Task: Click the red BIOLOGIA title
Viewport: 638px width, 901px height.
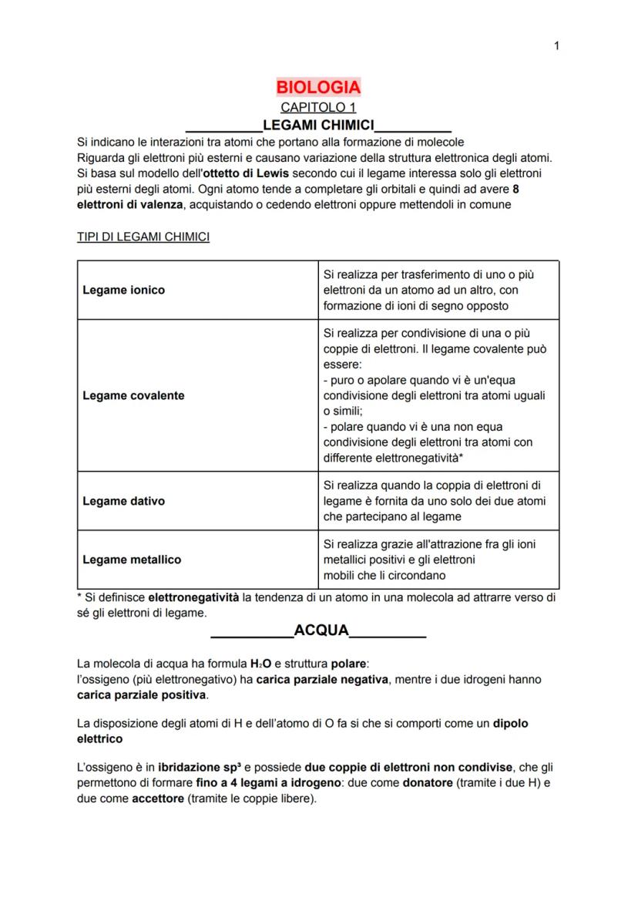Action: coord(318,87)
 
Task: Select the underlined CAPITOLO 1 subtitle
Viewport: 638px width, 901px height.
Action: coord(318,107)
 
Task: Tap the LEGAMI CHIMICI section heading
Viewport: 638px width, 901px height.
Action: coord(318,125)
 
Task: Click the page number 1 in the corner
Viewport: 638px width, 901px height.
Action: coord(556,46)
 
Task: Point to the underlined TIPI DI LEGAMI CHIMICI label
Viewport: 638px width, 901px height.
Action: coord(143,237)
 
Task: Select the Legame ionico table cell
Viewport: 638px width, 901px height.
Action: coord(123,290)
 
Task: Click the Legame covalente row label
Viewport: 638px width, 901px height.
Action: coord(133,395)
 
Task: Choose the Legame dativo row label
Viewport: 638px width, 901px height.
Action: coord(123,501)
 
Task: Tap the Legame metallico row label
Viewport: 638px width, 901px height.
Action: coord(132,560)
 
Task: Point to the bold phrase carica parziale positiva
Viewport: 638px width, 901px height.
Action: coord(142,695)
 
